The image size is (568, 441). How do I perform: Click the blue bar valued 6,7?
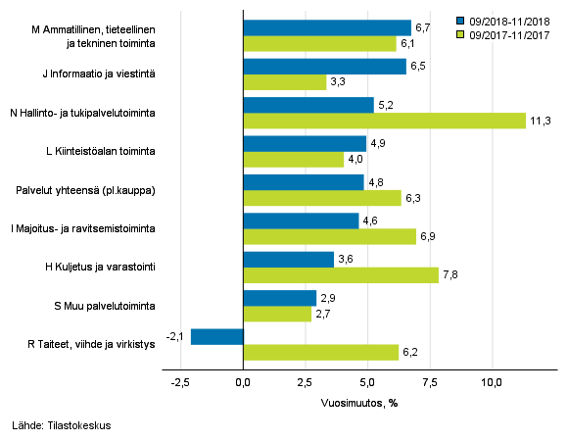(326, 27)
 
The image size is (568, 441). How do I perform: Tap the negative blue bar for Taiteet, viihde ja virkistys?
(216, 336)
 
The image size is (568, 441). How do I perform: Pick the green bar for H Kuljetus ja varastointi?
(340, 275)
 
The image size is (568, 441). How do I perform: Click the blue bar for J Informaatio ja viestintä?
(324, 67)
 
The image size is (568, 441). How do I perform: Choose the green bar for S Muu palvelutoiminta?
(276, 314)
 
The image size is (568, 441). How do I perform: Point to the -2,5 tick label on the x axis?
(180, 381)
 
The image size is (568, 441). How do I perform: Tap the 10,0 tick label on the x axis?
(492, 381)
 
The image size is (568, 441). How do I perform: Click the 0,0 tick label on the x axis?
(243, 381)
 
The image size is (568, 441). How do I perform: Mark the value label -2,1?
(176, 336)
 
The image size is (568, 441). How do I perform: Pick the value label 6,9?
(429, 236)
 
